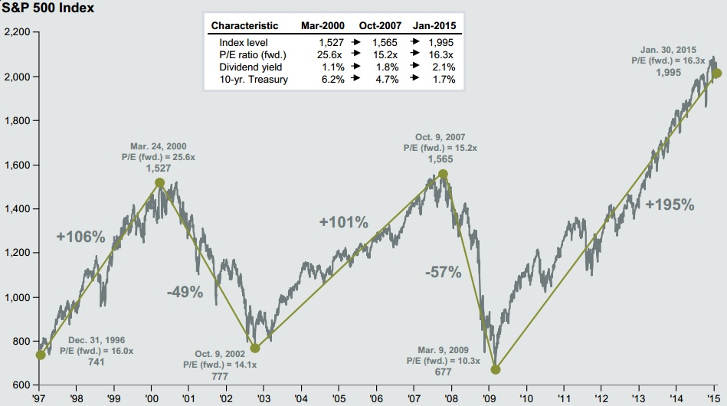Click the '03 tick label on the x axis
[x=263, y=398]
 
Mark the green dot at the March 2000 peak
[x=159, y=183]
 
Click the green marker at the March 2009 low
[x=496, y=369]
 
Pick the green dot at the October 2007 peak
[x=443, y=175]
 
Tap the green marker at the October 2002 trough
[x=255, y=348]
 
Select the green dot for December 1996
[x=41, y=355]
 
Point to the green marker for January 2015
[x=717, y=74]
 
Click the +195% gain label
[x=670, y=205]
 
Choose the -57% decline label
[x=444, y=271]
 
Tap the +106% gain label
[x=80, y=237]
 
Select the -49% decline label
[x=185, y=291]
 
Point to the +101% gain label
[x=344, y=223]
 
